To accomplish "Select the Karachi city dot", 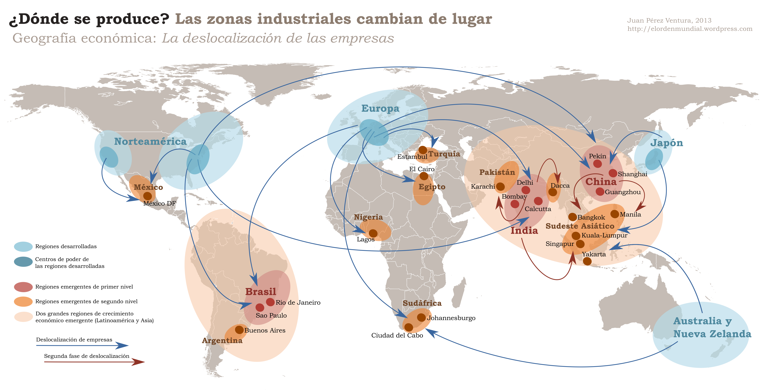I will click(x=500, y=186).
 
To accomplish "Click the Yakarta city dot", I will click(x=587, y=261).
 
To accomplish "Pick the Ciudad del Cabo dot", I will click(x=409, y=327).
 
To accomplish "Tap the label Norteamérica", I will click(x=150, y=142).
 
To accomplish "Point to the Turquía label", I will click(x=444, y=154).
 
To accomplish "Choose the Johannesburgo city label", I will click(x=451, y=318).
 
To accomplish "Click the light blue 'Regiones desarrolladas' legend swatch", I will click(x=23, y=246).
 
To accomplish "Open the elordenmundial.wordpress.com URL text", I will click(x=690, y=29).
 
